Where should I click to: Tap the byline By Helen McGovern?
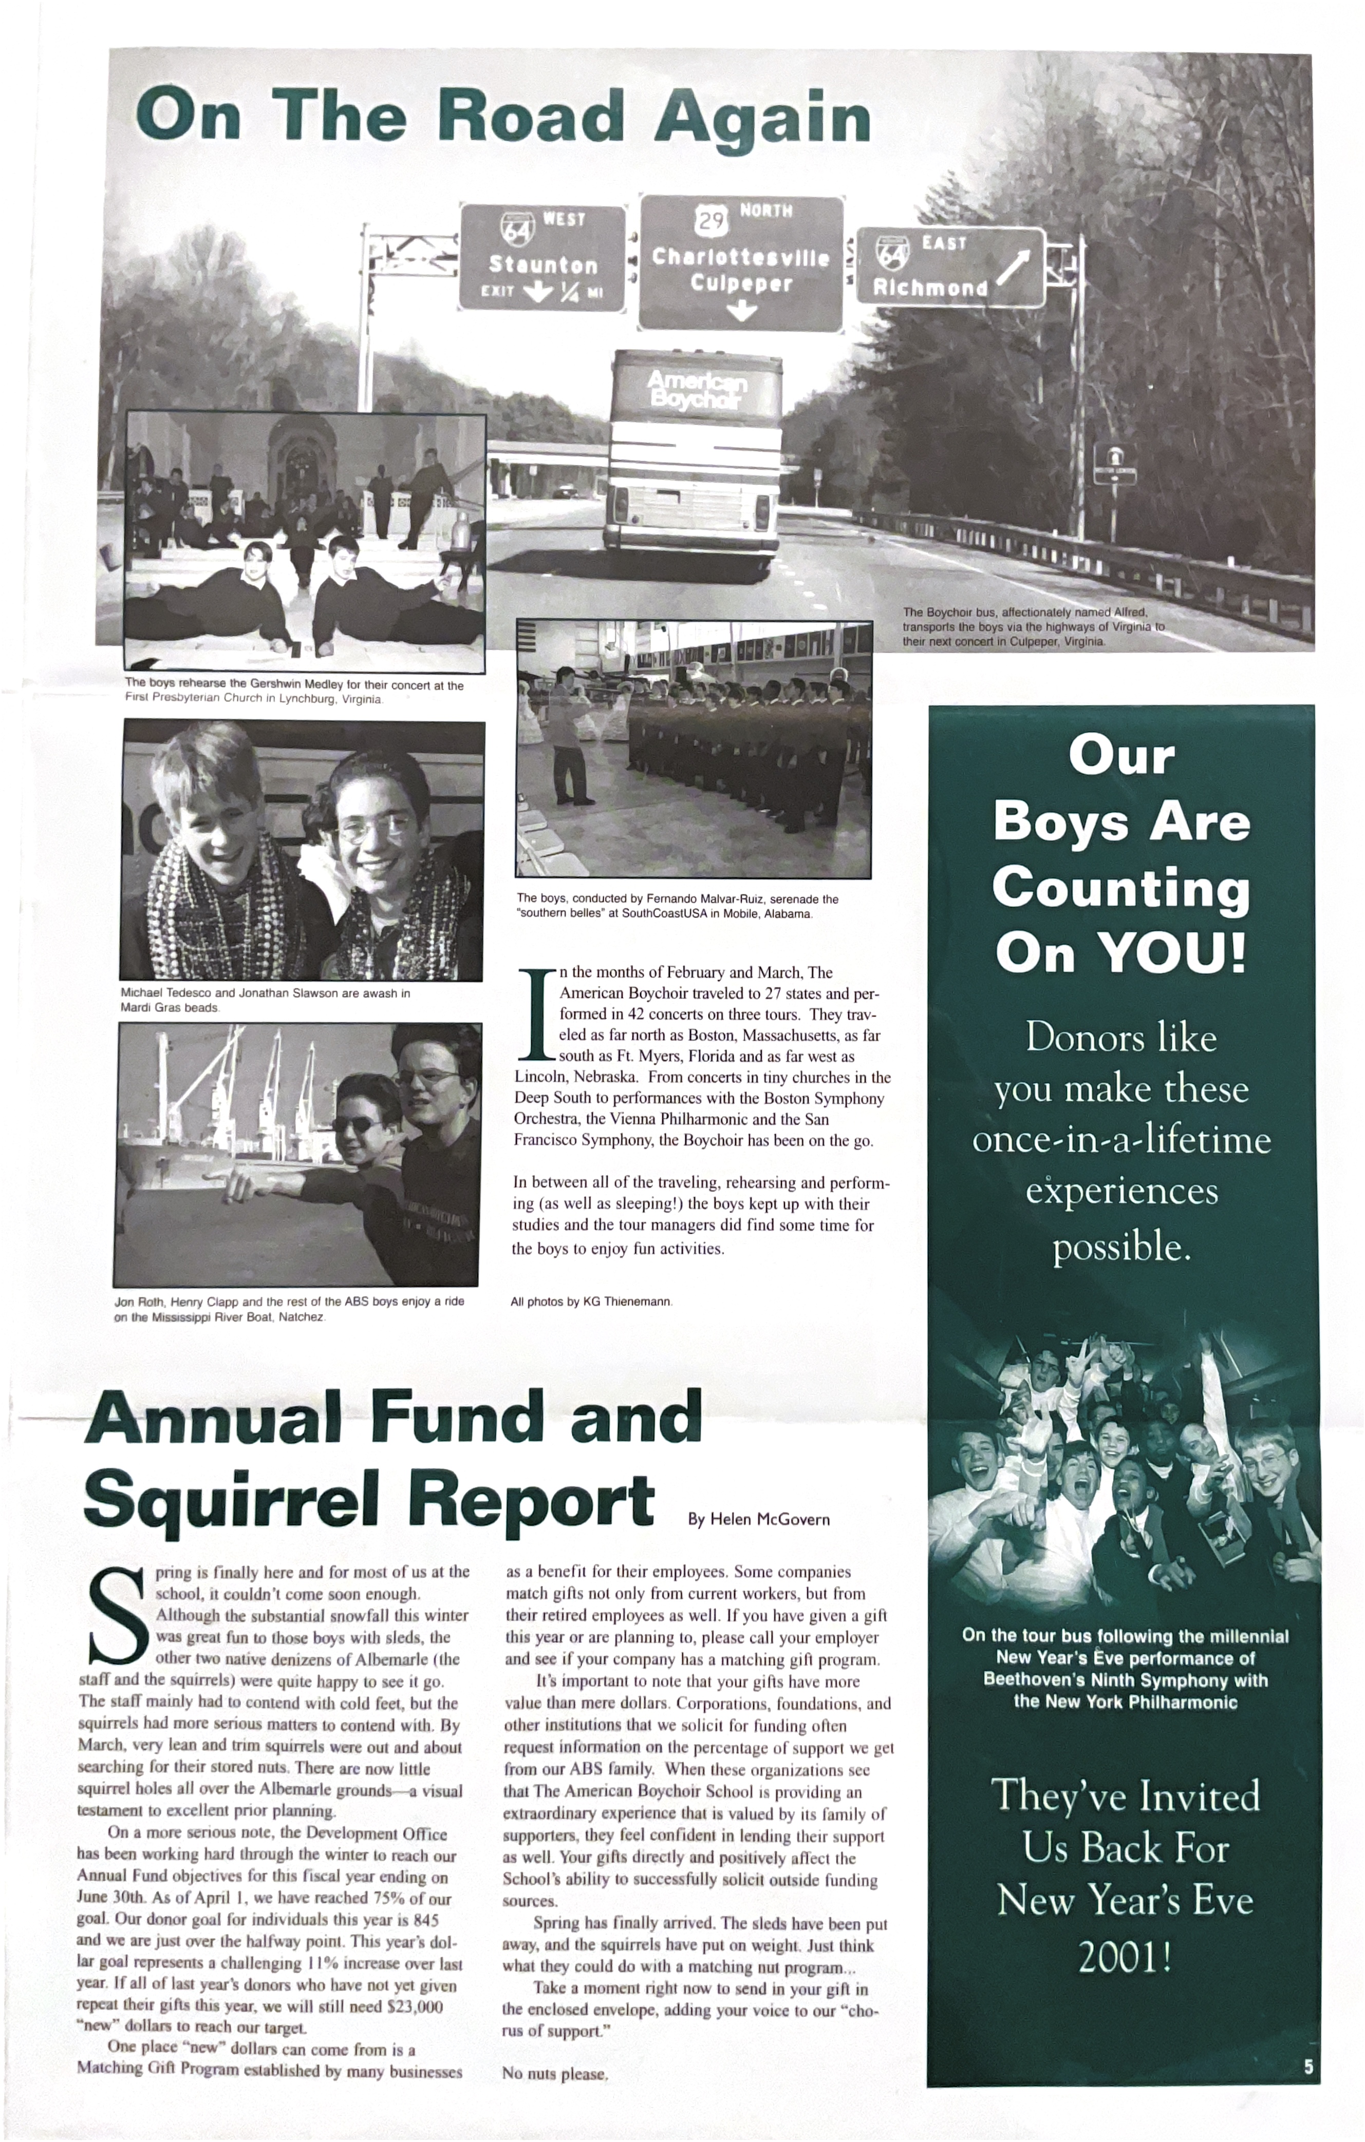coord(758,1519)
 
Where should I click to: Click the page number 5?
coord(1307,2067)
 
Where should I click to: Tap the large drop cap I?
coord(536,1015)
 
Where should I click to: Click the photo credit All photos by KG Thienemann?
coord(591,1302)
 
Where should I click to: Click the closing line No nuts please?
coord(554,2074)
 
